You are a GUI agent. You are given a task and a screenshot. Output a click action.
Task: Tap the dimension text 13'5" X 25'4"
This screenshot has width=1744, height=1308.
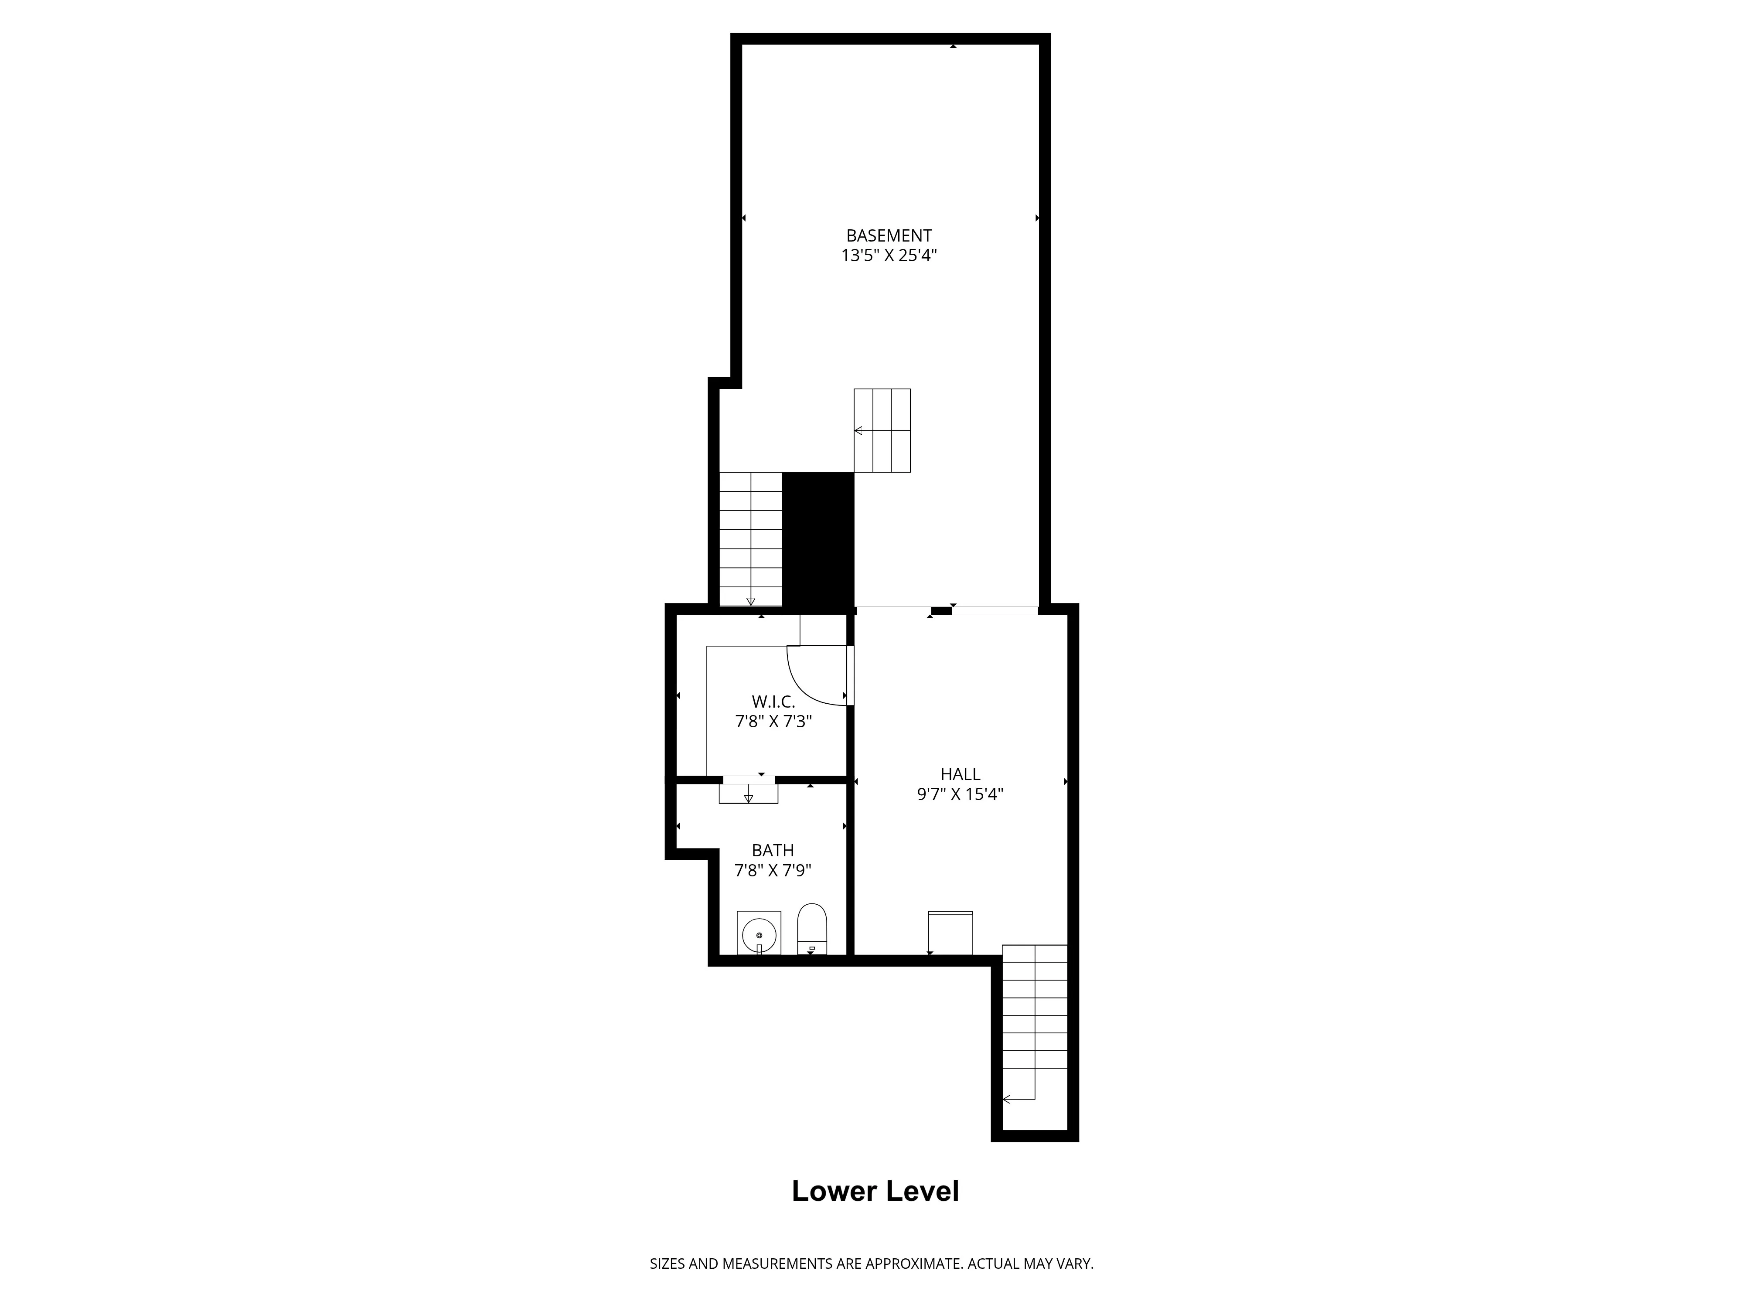tap(889, 255)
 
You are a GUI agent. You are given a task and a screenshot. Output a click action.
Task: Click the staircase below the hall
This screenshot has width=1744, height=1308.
tap(1035, 1025)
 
